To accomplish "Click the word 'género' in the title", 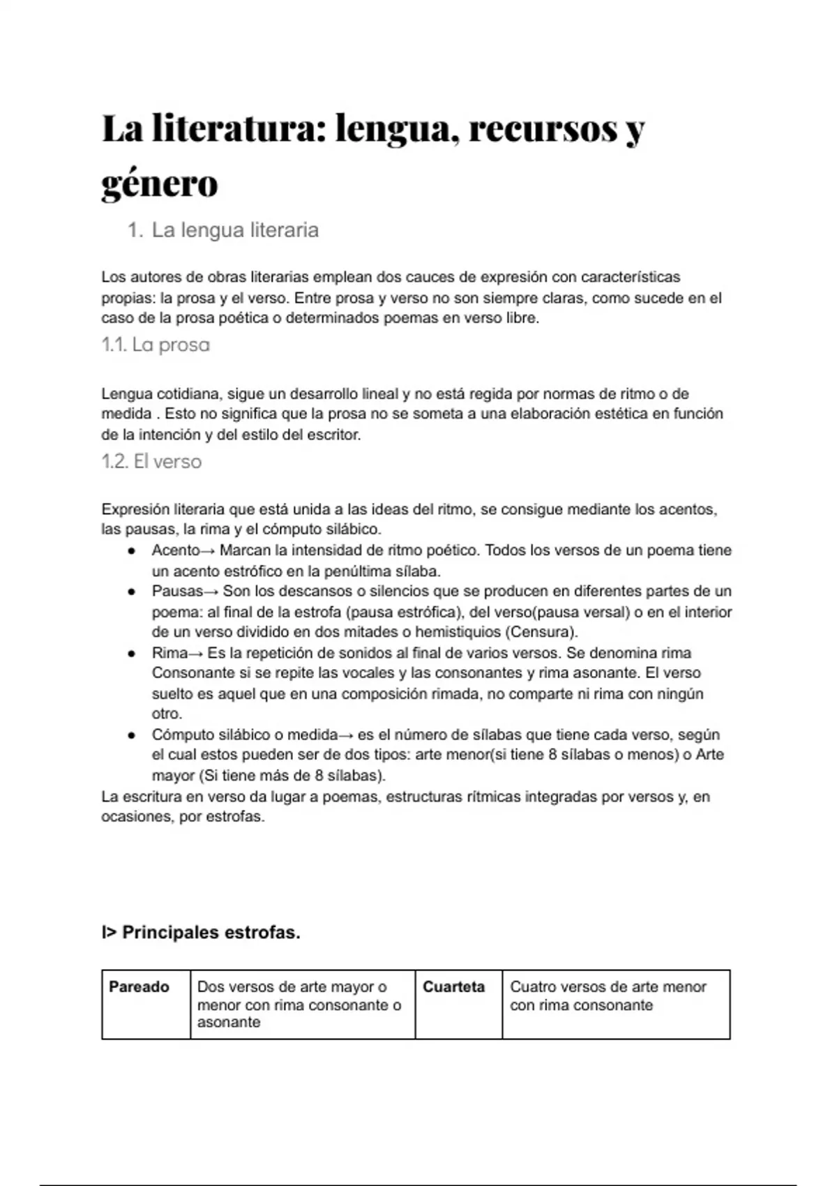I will pos(160,184).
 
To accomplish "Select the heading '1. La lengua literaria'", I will pos(223,230).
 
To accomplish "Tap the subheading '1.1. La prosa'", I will pos(156,345).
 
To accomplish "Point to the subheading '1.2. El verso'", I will pos(151,462).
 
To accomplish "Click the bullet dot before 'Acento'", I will pos(131,551).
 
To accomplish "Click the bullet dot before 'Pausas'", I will pos(131,592).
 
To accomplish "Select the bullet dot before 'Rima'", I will pos(131,654).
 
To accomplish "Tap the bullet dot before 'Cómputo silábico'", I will pos(131,735).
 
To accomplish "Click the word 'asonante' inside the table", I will pos(229,1023).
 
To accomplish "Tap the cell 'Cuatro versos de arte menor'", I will pos(608,987).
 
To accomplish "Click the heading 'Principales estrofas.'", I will pos(211,933).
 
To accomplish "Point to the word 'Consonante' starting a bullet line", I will pos(192,673).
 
